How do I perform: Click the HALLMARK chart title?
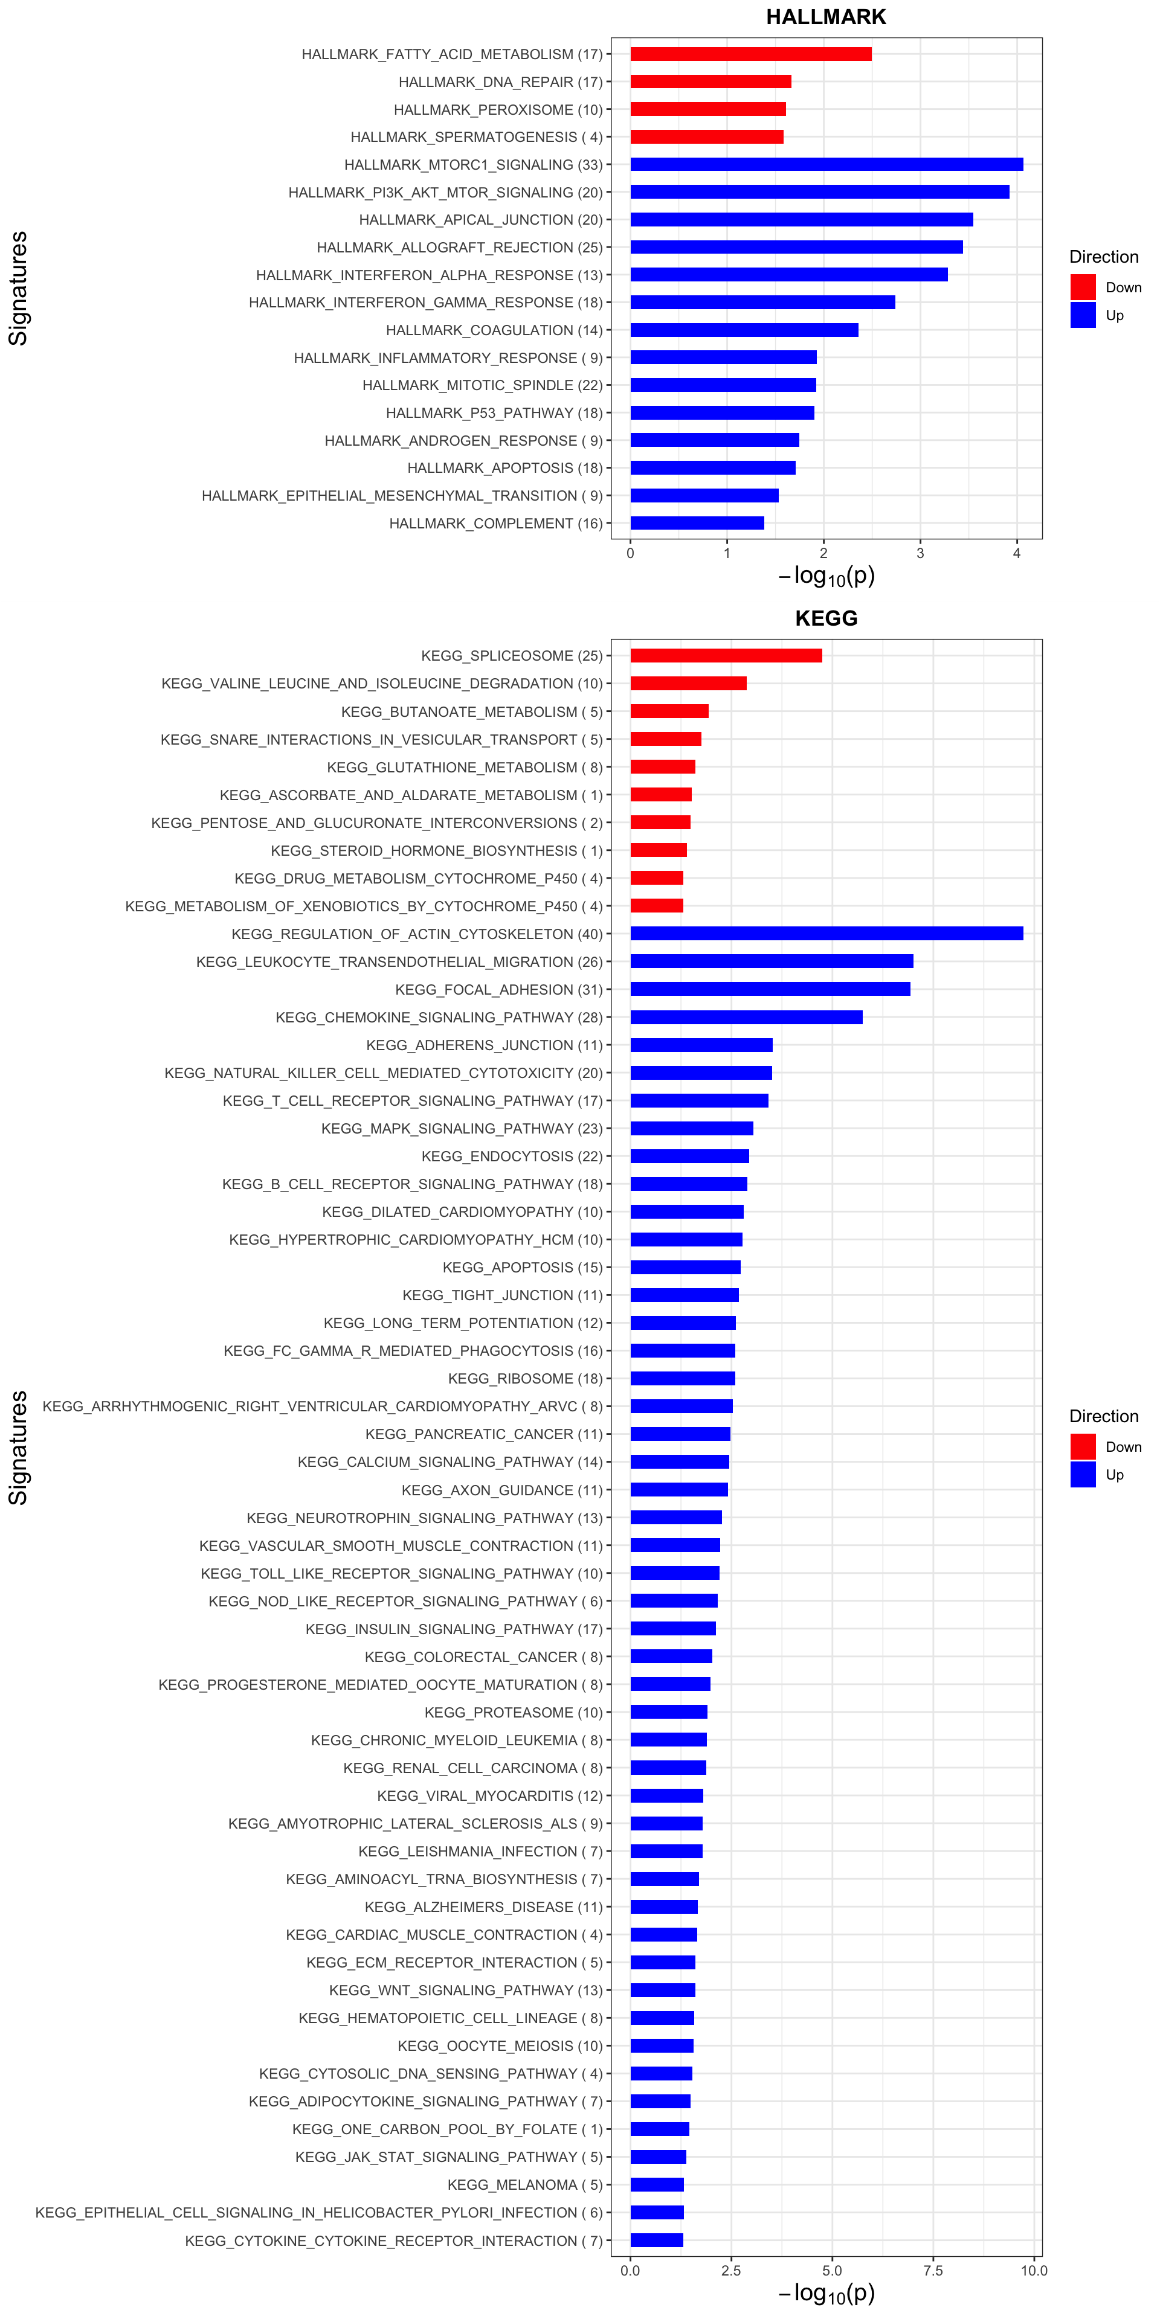(826, 17)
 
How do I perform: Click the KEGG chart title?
(826, 618)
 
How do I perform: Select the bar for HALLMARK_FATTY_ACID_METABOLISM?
(750, 54)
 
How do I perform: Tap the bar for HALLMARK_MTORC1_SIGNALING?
(826, 164)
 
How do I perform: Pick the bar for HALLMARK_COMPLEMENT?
(697, 523)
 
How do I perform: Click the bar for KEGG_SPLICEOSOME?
(726, 655)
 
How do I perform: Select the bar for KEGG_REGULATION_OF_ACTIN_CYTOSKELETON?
(826, 934)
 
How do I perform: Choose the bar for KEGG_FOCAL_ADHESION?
(770, 989)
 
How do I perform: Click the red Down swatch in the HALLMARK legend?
(1083, 287)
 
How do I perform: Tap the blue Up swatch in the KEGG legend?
(1083, 1475)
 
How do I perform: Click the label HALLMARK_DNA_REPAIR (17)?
(500, 82)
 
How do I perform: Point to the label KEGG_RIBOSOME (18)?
(525, 1378)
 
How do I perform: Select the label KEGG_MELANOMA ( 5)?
(525, 2185)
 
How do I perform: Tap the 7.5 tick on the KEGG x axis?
(933, 2271)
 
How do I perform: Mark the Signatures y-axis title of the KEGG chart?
(18, 1448)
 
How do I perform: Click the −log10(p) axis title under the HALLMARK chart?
(826, 576)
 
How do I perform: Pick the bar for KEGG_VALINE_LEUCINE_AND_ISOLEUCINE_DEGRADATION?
(688, 683)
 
